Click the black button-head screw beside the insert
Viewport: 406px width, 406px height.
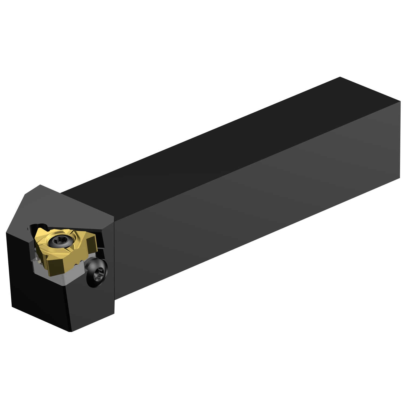click(x=97, y=272)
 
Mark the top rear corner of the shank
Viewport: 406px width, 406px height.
click(x=340, y=77)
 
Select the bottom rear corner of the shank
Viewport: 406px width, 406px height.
click(x=400, y=178)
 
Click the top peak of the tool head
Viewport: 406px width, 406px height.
click(x=40, y=185)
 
